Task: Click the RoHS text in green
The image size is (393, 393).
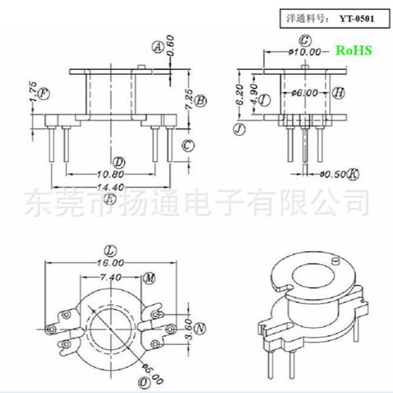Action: tap(354, 51)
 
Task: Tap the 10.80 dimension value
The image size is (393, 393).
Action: tap(110, 175)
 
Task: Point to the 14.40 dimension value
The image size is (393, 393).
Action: tap(110, 187)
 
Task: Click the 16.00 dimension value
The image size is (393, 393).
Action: tap(111, 262)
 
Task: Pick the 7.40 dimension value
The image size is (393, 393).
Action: tap(110, 276)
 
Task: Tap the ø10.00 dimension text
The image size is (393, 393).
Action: tap(304, 52)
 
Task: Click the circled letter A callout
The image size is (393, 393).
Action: tap(157, 47)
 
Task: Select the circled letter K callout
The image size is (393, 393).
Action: tap(353, 174)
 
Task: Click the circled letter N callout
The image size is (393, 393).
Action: tap(200, 328)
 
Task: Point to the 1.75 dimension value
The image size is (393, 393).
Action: tap(33, 93)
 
